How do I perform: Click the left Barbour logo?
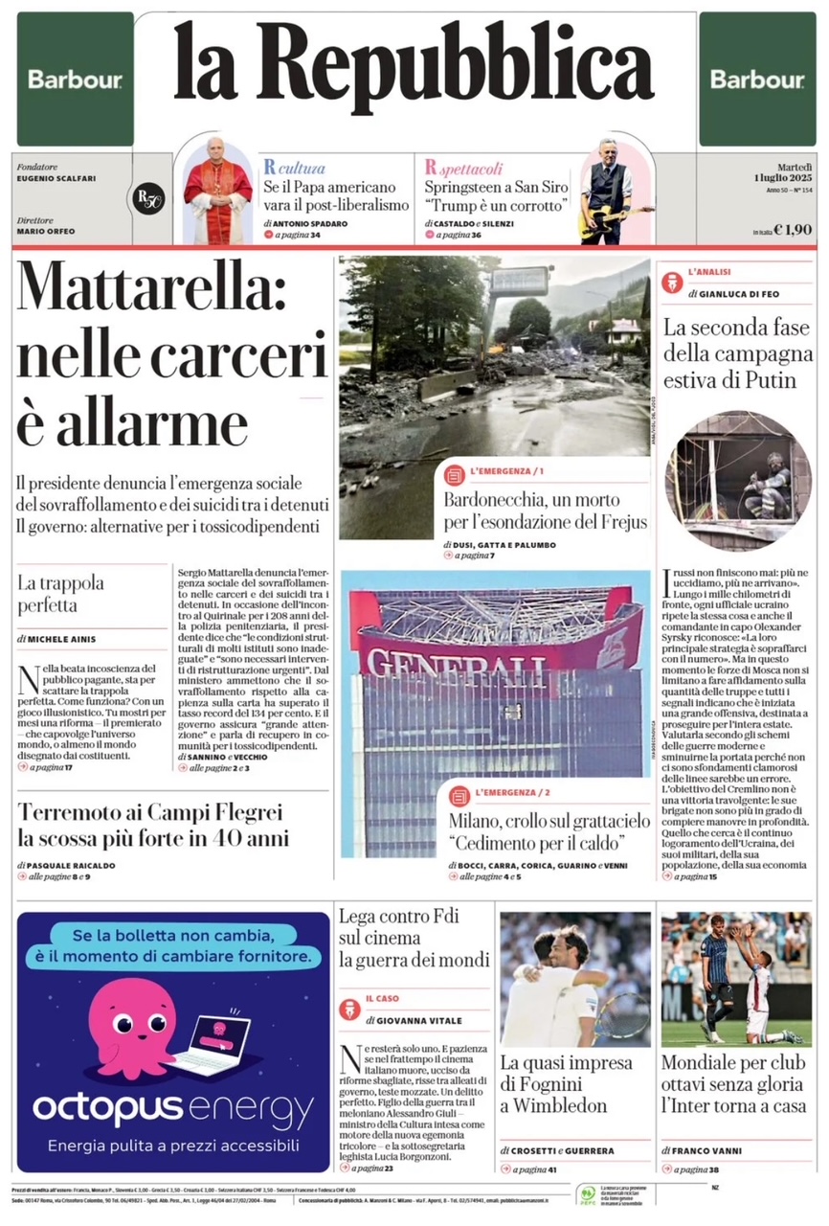(x=75, y=80)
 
